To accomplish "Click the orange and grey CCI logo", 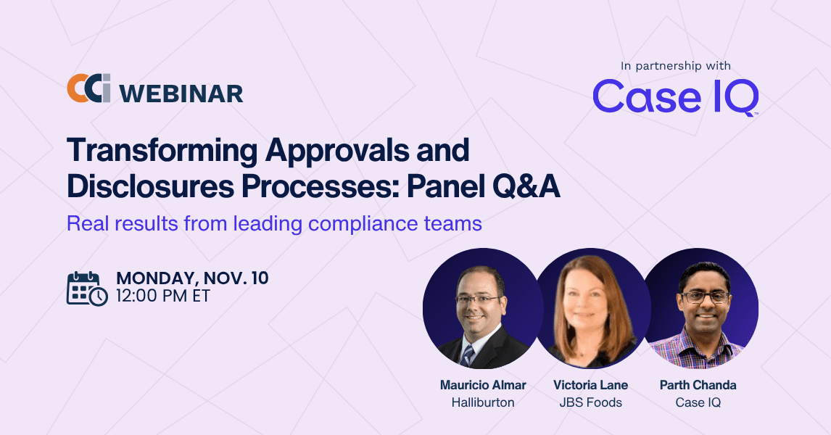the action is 88,88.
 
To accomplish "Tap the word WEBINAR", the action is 181,94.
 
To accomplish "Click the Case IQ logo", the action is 676,97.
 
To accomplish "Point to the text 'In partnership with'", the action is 676,66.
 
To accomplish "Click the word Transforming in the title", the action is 162,151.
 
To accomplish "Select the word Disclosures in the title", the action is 151,186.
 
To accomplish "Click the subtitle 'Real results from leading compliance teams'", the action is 275,223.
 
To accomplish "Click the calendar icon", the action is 87,289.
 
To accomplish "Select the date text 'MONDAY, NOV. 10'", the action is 192,278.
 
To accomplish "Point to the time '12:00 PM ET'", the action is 163,296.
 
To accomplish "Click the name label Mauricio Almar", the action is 483,385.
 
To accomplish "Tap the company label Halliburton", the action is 483,402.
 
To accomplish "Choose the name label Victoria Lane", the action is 590,385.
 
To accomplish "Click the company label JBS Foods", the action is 590,402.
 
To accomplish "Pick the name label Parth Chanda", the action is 698,385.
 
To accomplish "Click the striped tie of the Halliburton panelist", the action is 468,355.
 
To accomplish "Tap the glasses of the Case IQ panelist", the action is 706,297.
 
